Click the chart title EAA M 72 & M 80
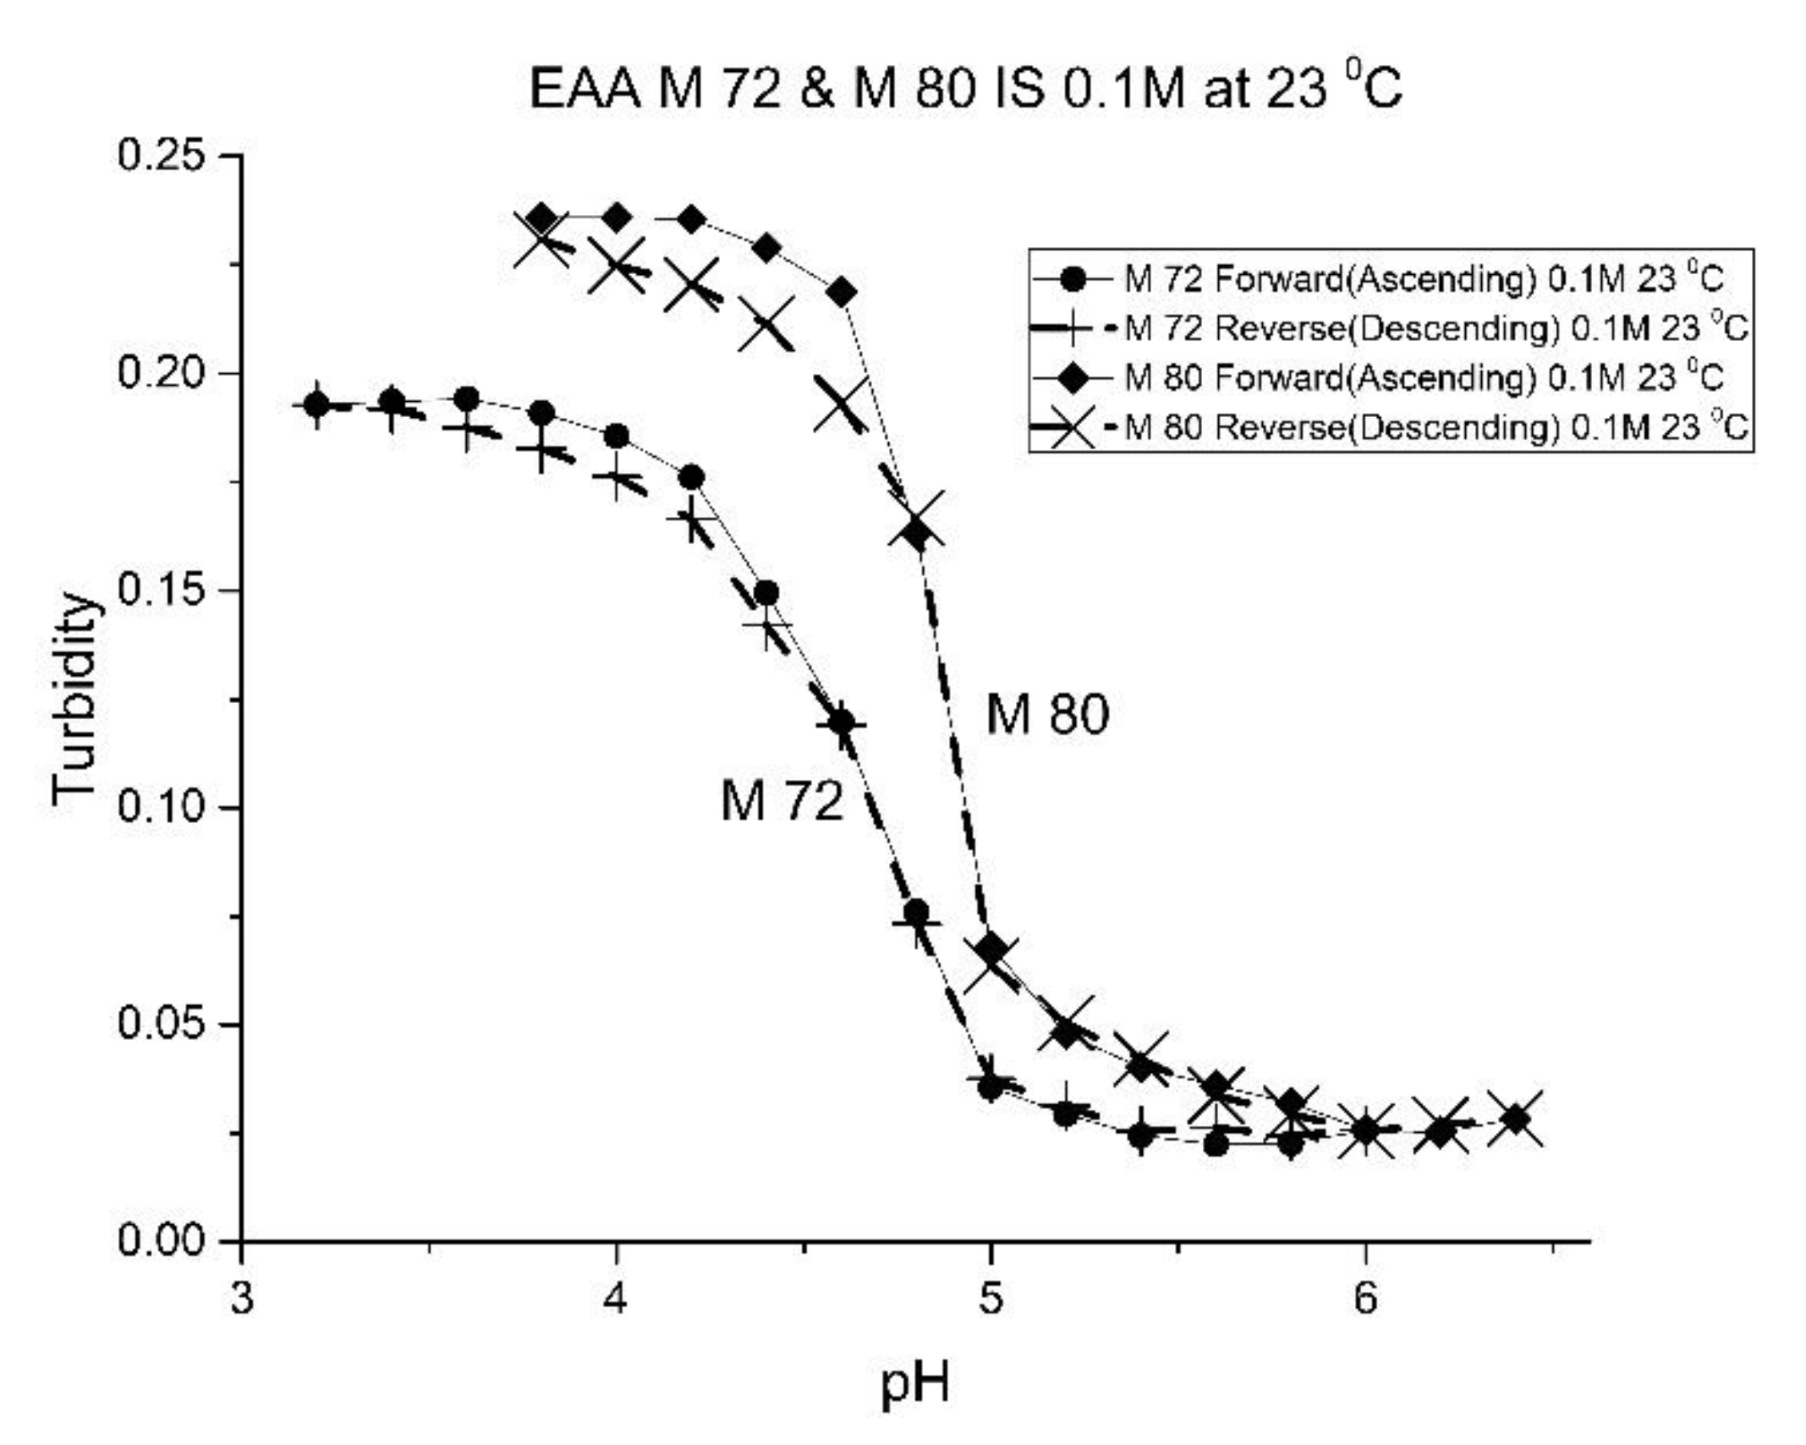coord(965,89)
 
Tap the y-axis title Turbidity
coord(74,698)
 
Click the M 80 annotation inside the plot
coord(1046,714)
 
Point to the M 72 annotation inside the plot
coord(782,800)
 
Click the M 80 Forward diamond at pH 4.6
coord(842,293)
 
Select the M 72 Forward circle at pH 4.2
coord(692,477)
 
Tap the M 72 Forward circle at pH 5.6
coord(1216,1145)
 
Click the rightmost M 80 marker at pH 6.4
coord(1517,1119)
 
